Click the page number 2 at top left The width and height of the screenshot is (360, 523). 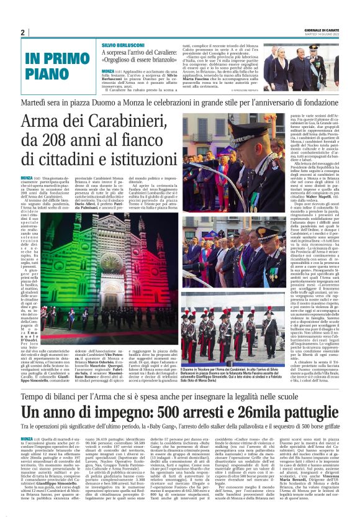[23, 32]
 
